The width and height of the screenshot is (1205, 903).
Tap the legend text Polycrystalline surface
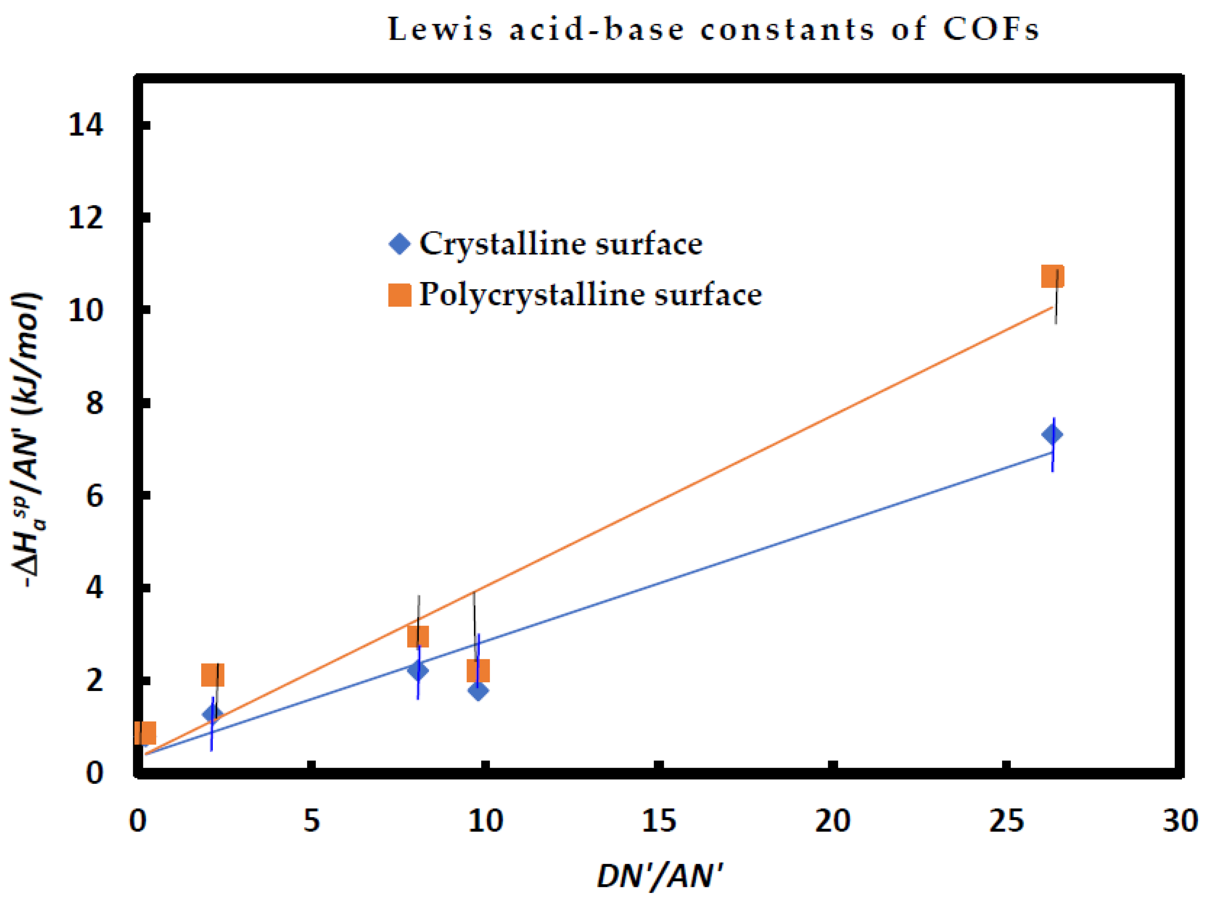[590, 295]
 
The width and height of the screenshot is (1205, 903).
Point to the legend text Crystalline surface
[561, 243]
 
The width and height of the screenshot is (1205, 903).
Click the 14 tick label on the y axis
[85, 125]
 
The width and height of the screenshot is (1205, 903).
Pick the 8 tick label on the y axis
[94, 403]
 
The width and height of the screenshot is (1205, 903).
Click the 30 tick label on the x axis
[1180, 820]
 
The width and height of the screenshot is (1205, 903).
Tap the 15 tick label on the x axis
[659, 820]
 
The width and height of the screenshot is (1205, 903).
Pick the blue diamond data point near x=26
[1051, 434]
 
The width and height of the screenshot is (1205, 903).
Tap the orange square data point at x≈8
[418, 636]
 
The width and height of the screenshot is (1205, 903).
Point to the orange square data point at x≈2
[212, 675]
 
